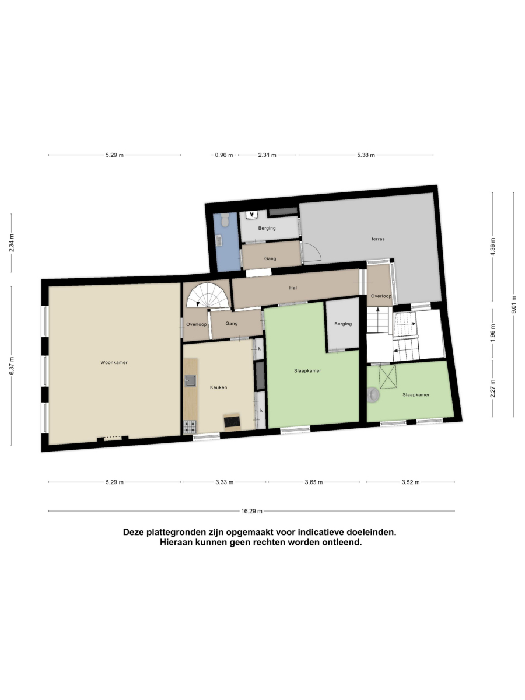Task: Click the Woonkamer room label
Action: point(114,363)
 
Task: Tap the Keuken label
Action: point(218,387)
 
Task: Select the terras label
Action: point(378,239)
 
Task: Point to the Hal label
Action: point(293,288)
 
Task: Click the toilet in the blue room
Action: point(225,220)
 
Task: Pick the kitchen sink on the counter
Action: point(190,381)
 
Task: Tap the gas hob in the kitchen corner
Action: point(190,427)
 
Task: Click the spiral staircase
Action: point(208,295)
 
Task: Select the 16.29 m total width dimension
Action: point(251,511)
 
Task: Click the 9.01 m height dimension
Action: point(513,305)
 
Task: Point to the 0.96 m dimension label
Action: point(224,155)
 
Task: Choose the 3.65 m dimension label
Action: point(314,482)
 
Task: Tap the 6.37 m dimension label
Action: point(12,366)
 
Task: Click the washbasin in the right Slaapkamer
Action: point(373,395)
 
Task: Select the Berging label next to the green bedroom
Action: point(343,324)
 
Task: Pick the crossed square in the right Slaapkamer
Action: point(387,377)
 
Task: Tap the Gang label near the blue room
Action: point(270,258)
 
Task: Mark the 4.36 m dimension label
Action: point(493,247)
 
